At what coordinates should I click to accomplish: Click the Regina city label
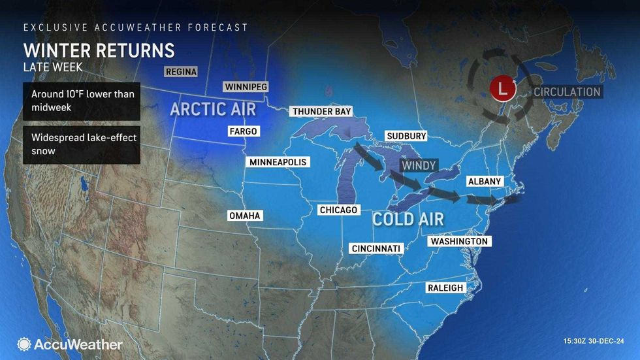181,72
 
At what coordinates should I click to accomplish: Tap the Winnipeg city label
246,87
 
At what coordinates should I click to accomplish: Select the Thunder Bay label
322,112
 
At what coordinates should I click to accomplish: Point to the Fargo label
243,131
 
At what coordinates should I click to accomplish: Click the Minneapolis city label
278,162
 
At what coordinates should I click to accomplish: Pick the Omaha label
245,216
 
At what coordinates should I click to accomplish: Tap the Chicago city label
338,210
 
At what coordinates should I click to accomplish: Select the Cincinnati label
376,248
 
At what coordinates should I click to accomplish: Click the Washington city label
459,241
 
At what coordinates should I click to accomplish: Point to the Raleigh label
445,287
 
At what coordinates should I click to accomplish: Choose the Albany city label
485,181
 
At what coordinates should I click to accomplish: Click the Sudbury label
406,136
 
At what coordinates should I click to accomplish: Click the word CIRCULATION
567,91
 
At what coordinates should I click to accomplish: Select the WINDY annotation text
419,166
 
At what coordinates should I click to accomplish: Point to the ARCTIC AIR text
213,109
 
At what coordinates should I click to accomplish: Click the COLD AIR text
408,219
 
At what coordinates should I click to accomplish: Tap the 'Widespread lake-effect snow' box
82,144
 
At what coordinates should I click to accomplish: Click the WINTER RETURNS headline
99,50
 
